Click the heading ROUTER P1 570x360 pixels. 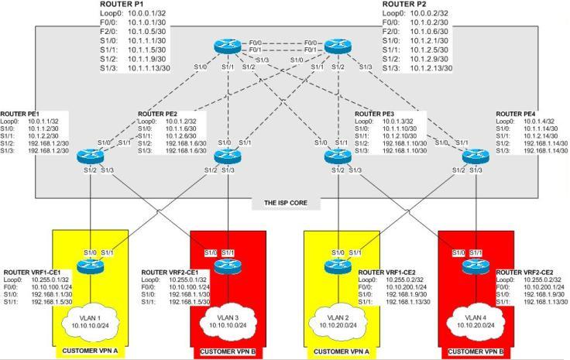(122, 5)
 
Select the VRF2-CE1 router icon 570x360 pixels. (226, 264)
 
